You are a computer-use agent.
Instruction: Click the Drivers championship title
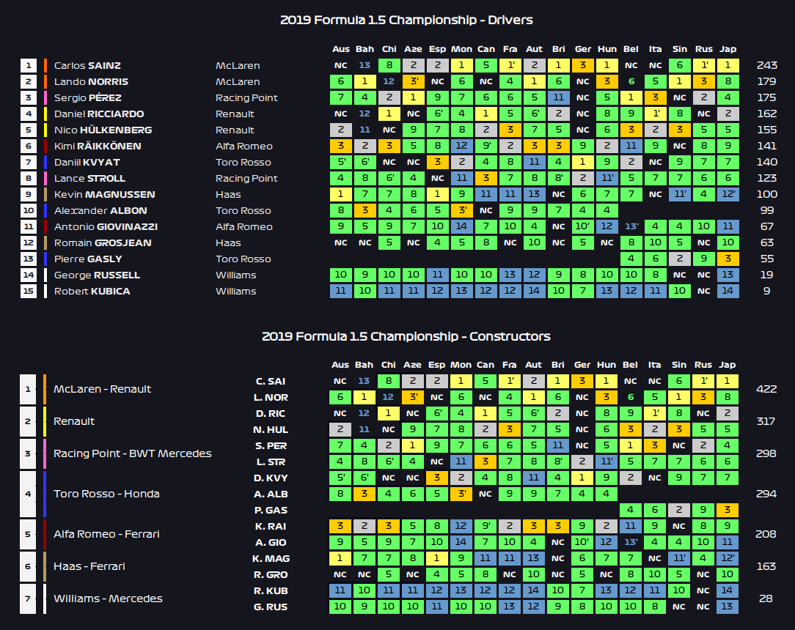tap(406, 21)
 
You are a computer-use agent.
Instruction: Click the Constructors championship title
tap(406, 336)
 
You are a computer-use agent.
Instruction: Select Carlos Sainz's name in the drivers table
tap(87, 65)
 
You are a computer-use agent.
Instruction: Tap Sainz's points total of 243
tap(766, 65)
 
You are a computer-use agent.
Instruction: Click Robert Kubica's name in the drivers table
tap(92, 292)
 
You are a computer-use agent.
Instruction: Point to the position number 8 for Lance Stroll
tap(29, 178)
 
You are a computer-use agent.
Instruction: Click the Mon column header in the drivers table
tap(461, 49)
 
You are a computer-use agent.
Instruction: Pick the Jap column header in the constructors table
tap(727, 365)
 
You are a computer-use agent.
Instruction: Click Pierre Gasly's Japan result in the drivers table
tap(728, 259)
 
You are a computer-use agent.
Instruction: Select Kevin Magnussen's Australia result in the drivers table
tap(341, 194)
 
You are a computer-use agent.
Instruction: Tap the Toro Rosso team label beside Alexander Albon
tap(243, 211)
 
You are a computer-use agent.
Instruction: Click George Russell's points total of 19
tap(766, 275)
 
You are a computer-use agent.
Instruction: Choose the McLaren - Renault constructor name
tap(102, 389)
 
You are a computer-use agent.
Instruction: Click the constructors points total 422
tap(766, 389)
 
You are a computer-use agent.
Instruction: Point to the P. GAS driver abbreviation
tap(271, 510)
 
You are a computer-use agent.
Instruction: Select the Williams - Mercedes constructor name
tap(108, 598)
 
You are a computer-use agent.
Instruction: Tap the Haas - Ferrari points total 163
tap(766, 566)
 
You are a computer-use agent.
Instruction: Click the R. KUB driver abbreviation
tap(271, 590)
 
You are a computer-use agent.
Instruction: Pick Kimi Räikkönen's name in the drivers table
tap(98, 146)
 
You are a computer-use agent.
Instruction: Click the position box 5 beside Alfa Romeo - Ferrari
tap(28, 534)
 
